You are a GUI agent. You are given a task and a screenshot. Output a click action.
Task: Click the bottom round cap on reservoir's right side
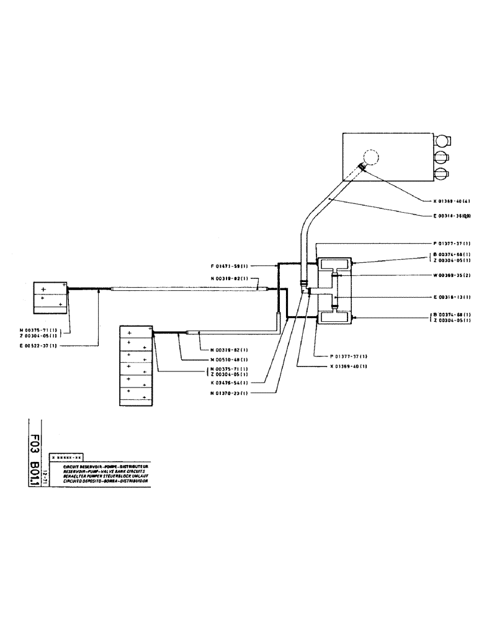(442, 174)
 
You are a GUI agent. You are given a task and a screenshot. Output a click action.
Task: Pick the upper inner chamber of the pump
(334, 265)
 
